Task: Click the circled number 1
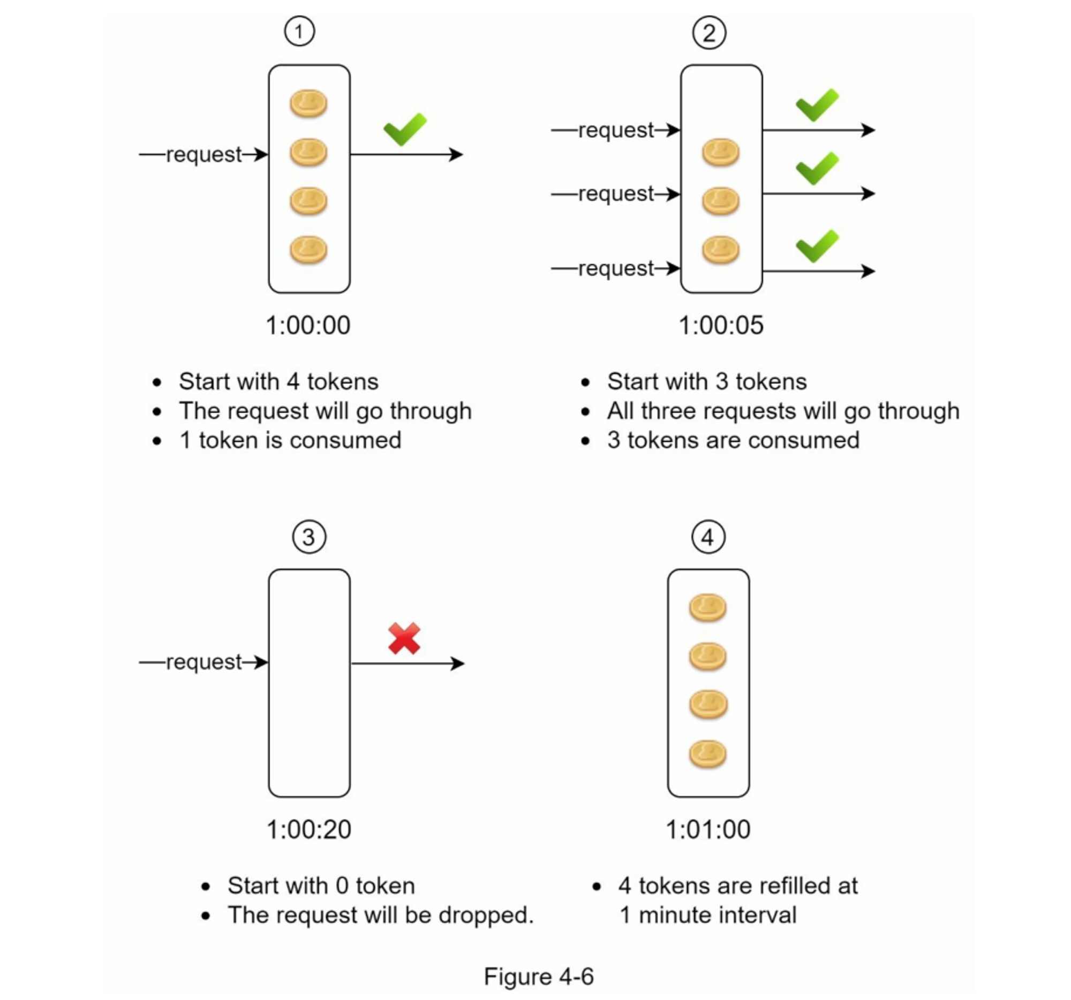coord(299,31)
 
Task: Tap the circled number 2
coord(708,33)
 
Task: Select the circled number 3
coord(308,537)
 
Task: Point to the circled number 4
coord(708,537)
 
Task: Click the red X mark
coord(404,638)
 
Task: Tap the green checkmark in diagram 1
coord(405,129)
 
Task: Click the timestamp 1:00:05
coord(721,326)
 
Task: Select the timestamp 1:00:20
coord(308,830)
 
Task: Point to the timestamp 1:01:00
coord(708,830)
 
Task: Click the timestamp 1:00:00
coord(308,326)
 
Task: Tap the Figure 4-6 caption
coord(538,976)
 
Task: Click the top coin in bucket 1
coord(308,103)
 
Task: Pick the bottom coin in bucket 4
coord(708,753)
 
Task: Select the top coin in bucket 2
coord(720,152)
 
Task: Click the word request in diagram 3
coord(203,662)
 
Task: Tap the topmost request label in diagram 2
coord(616,130)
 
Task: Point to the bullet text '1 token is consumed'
coord(290,440)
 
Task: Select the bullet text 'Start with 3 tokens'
coord(707,381)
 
